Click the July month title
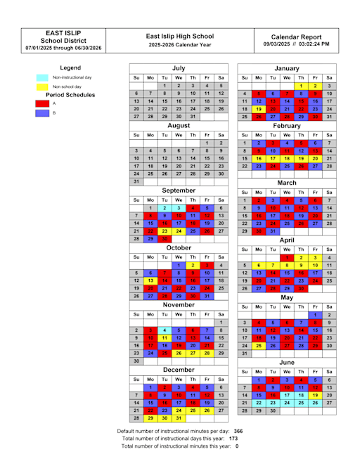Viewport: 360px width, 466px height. click(x=179, y=68)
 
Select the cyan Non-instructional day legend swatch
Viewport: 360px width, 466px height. click(x=42, y=77)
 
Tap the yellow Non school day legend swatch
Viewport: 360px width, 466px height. click(x=42, y=86)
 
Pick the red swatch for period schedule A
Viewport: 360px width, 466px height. click(x=42, y=103)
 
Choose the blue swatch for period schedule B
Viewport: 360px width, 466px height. click(x=42, y=112)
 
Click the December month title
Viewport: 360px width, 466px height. click(x=179, y=369)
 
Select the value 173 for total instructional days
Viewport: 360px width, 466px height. click(x=214, y=438)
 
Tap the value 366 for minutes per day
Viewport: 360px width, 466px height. click(x=219, y=430)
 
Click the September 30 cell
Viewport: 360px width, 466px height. click(x=165, y=239)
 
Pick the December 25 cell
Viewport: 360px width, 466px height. click(x=193, y=409)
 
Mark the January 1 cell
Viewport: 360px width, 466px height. click(x=301, y=85)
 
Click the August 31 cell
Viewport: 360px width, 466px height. click(x=136, y=181)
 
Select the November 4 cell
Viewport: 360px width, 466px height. click(x=165, y=330)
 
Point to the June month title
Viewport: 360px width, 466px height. click(x=287, y=362)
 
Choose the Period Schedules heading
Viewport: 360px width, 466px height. click(x=70, y=94)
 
